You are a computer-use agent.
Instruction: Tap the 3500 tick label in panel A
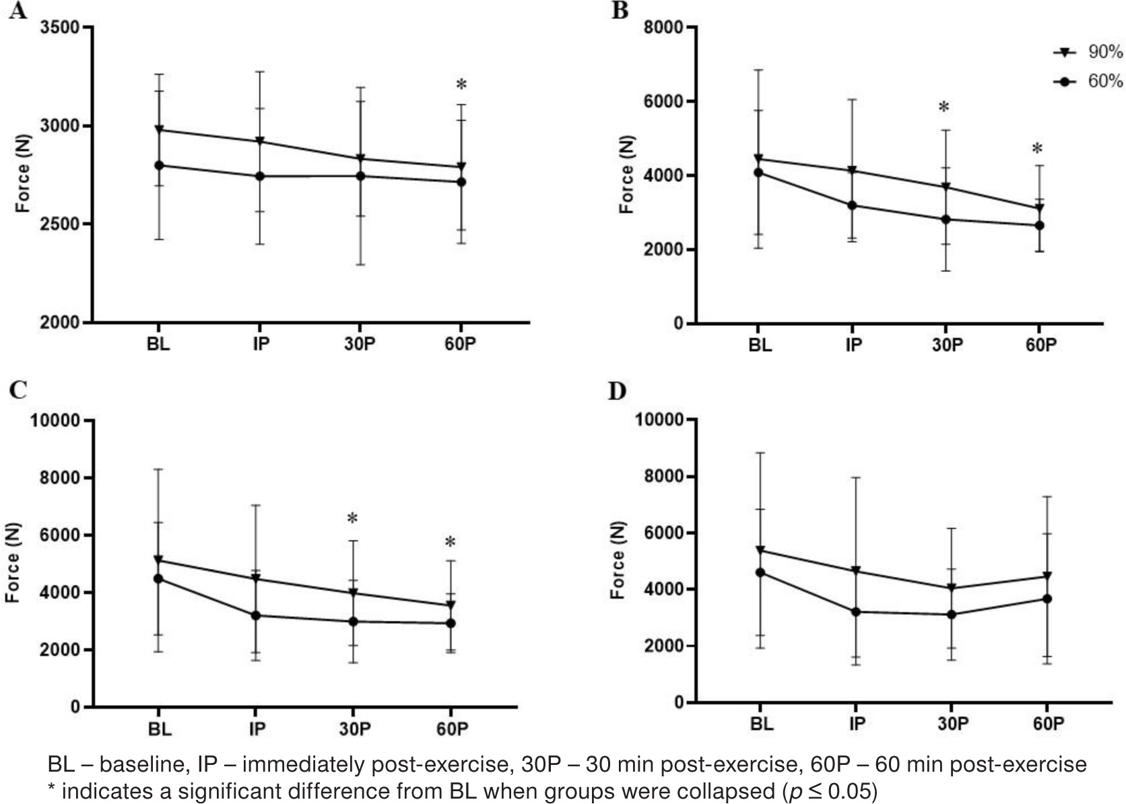60,28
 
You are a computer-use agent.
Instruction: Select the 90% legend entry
1088,53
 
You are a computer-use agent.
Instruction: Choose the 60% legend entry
1088,81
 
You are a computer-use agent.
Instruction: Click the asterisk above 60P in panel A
461,86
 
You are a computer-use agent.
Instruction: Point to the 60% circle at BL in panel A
159,165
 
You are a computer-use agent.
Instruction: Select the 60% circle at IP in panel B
852,205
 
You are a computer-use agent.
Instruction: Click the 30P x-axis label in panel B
947,345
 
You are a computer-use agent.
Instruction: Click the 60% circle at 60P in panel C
451,623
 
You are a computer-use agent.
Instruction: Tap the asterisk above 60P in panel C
451,543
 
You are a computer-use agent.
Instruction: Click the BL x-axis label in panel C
160,729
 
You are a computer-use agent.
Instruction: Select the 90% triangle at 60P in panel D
1047,576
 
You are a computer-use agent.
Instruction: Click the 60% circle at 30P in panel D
951,614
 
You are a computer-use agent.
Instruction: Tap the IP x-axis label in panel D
857,724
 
